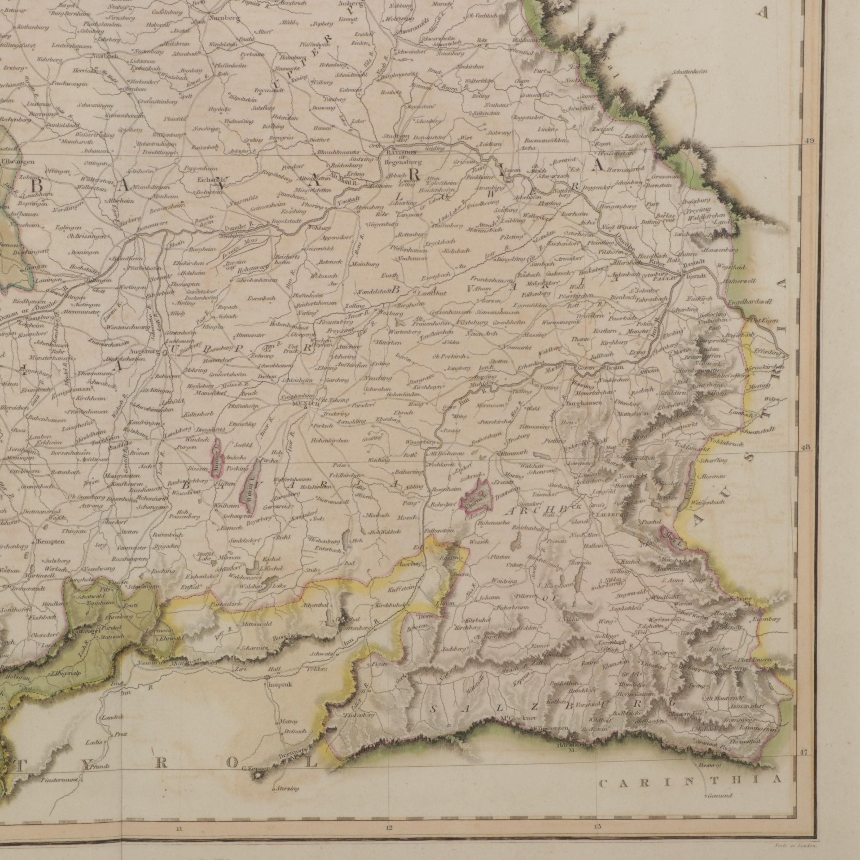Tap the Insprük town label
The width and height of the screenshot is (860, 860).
click(279, 685)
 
